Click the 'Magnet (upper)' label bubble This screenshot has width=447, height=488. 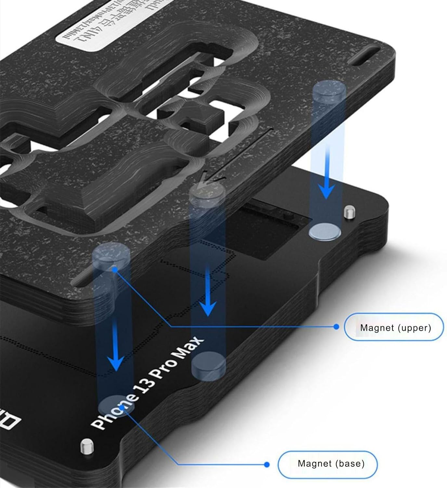[x=394, y=327]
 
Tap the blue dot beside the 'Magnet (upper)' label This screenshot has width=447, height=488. [x=336, y=326]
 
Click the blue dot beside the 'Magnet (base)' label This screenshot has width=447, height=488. [x=267, y=465]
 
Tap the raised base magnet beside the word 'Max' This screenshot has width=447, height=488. [x=209, y=365]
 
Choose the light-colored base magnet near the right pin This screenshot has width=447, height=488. [x=325, y=231]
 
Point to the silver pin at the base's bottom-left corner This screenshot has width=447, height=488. [x=87, y=446]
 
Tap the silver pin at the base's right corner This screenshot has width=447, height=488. [x=349, y=212]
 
